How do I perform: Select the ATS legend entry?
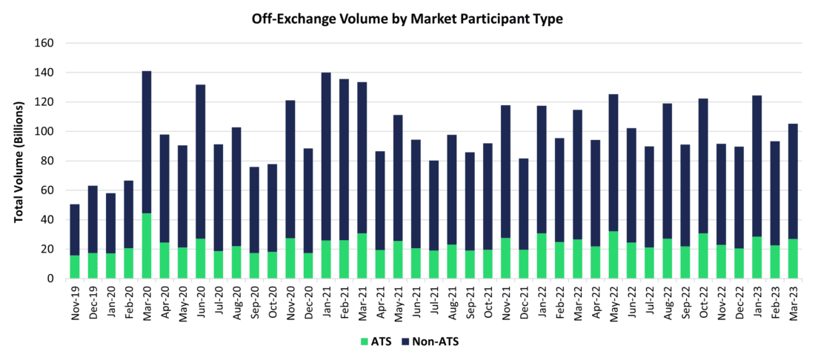[x=379, y=341]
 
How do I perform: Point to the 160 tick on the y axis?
[x=44, y=43]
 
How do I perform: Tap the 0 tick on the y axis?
[x=51, y=279]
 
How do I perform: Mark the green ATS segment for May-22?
[x=613, y=255]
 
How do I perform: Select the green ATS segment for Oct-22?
[x=702, y=256]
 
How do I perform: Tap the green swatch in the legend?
[x=364, y=341]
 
